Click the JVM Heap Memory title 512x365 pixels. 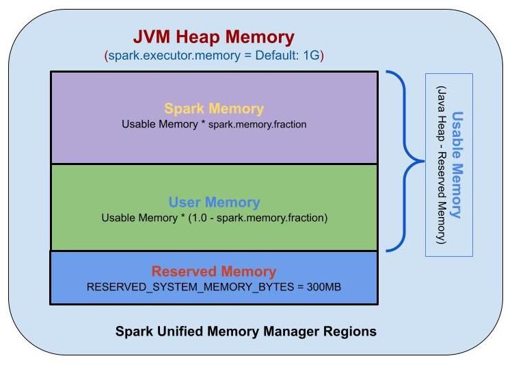click(214, 37)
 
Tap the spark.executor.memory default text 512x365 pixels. click(214, 55)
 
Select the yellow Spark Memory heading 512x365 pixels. click(214, 109)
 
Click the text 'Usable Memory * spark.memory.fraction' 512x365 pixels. click(214, 125)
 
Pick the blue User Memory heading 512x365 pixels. click(214, 203)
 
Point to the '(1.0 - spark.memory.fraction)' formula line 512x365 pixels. click(214, 218)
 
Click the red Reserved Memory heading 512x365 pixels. click(214, 271)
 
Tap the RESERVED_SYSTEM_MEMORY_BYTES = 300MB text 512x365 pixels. click(214, 287)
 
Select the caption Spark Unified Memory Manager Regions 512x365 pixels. click(245, 331)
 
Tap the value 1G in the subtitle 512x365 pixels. click(311, 55)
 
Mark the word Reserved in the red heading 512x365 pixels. click(181, 271)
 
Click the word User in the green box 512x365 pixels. click(184, 203)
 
